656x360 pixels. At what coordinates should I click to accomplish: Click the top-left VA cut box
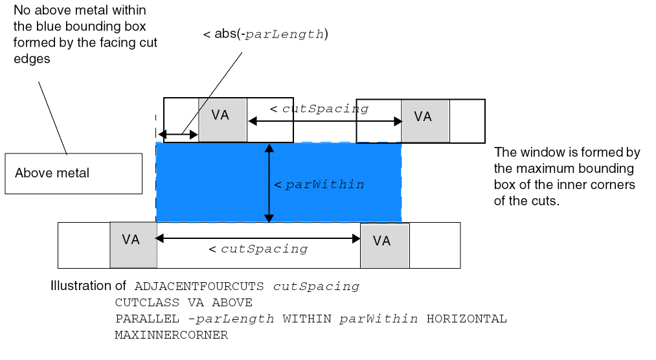click(x=223, y=120)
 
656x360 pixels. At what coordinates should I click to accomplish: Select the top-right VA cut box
click(x=425, y=120)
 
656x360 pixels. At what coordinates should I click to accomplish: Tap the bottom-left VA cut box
click(x=133, y=244)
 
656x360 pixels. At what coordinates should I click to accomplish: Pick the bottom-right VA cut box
click(x=385, y=245)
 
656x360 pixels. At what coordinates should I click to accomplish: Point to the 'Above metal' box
click(x=73, y=173)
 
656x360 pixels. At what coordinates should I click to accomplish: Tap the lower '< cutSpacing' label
click(x=258, y=249)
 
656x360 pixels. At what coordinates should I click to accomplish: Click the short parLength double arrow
click(x=179, y=135)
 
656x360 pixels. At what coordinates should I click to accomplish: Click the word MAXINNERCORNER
click(x=171, y=335)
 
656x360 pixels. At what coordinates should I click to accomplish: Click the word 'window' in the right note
click(x=535, y=153)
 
